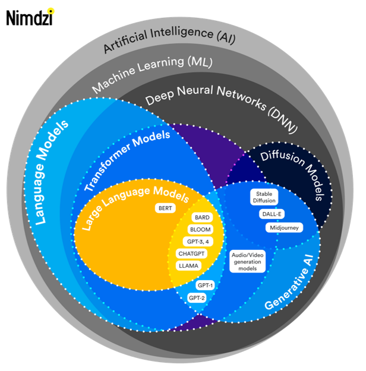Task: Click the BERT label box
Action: click(x=165, y=208)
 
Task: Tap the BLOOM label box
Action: click(x=200, y=229)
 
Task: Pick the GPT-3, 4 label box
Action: click(x=194, y=241)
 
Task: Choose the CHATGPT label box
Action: click(x=192, y=253)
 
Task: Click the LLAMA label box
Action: click(x=188, y=265)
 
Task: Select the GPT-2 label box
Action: click(x=196, y=297)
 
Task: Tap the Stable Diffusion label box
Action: click(x=264, y=197)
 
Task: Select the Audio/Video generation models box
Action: click(x=248, y=261)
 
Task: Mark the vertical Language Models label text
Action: click(x=52, y=172)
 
